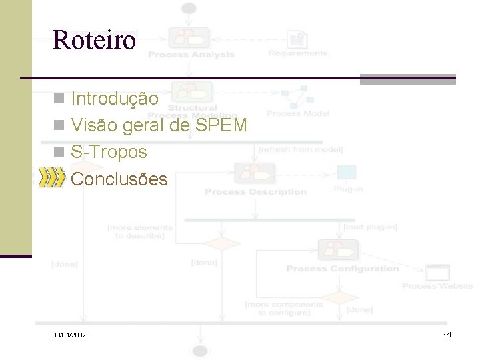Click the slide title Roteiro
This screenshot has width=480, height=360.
pyautogui.click(x=94, y=40)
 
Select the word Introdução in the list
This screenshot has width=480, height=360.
pyautogui.click(x=115, y=99)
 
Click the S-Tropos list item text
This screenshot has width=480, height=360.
pyautogui.click(x=109, y=152)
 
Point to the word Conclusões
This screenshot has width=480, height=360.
pyautogui.click(x=119, y=179)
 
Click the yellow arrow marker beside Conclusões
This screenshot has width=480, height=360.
pyautogui.click(x=52, y=178)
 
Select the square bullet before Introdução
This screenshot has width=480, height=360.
pyautogui.click(x=59, y=99)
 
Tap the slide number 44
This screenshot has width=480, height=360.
pyautogui.click(x=447, y=333)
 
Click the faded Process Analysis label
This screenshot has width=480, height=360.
pyautogui.click(x=191, y=55)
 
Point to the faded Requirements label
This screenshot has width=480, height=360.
pyautogui.click(x=298, y=53)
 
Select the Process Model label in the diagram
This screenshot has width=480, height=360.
pyautogui.click(x=298, y=113)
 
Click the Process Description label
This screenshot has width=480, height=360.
pyautogui.click(x=255, y=192)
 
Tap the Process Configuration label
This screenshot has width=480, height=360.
pyautogui.click(x=342, y=269)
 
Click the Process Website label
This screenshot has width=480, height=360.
pyautogui.click(x=437, y=286)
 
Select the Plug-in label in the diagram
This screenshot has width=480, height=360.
pyautogui.click(x=348, y=189)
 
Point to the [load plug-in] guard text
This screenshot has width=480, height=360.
pyautogui.click(x=370, y=227)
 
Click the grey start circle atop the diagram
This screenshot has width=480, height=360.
pyautogui.click(x=189, y=9)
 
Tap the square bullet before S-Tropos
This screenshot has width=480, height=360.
pyautogui.click(x=59, y=153)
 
